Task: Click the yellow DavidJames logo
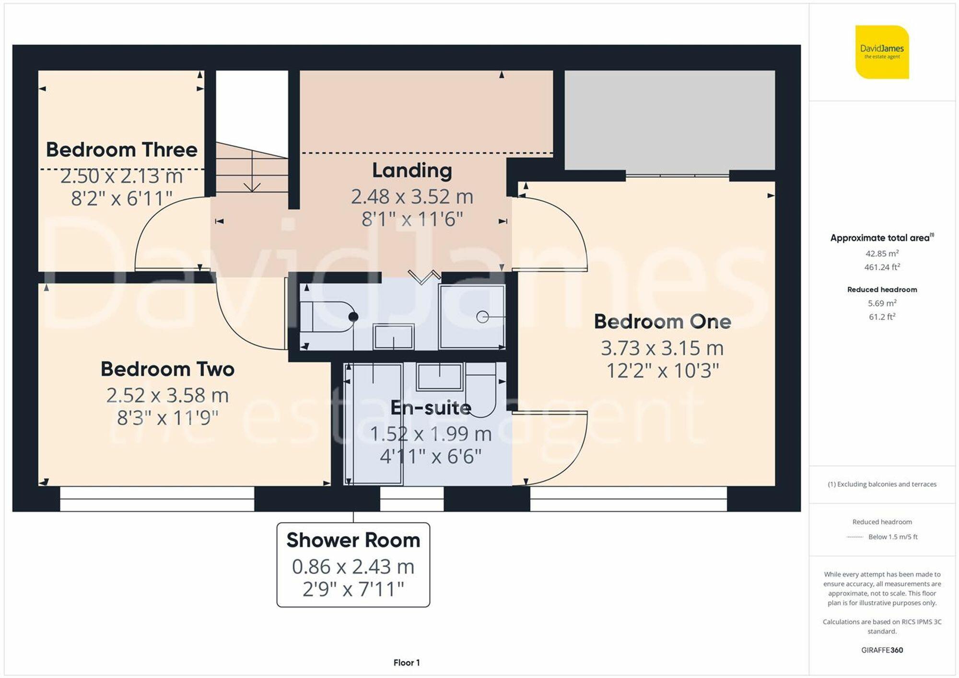point(882,52)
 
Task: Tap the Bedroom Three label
point(121,149)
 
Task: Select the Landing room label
point(412,170)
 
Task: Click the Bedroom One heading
point(662,322)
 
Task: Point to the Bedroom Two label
point(167,369)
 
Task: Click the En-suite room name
point(431,407)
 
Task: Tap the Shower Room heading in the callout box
point(353,540)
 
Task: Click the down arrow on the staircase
point(252,184)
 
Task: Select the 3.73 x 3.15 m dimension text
point(662,348)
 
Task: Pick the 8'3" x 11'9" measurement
point(167,418)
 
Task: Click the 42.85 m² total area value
point(882,253)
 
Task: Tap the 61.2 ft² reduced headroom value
point(882,317)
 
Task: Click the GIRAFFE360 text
point(882,650)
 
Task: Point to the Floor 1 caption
point(407,663)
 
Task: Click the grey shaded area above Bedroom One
point(669,120)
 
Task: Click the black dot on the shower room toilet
point(353,317)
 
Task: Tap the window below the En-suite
point(412,499)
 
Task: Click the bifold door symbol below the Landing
point(424,277)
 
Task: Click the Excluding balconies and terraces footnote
point(882,484)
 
